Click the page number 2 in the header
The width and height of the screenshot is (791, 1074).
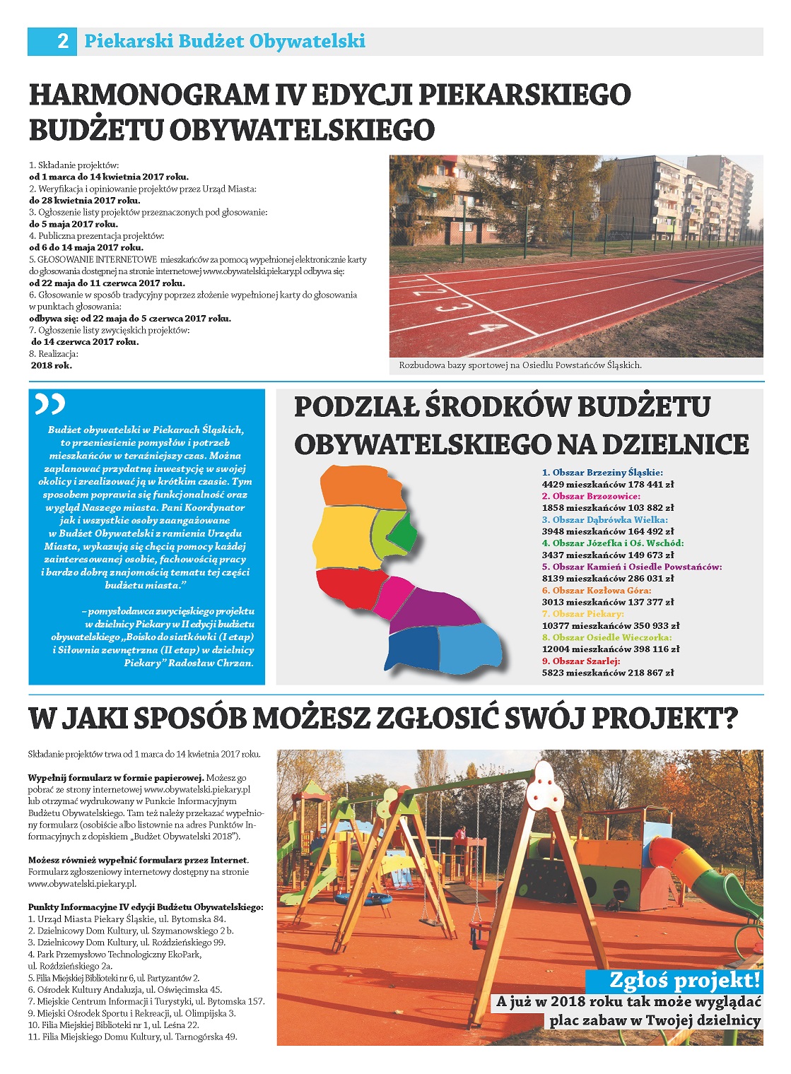point(62,41)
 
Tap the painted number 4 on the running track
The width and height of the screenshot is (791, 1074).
point(488,329)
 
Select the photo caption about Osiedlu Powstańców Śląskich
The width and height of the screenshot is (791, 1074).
point(520,365)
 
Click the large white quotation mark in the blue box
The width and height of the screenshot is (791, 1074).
point(50,403)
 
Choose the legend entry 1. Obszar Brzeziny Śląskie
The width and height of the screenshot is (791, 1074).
point(602,473)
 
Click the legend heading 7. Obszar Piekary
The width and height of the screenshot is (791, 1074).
point(582,614)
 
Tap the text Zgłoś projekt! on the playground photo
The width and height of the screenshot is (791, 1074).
point(684,980)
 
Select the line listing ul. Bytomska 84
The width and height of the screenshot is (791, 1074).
point(127,919)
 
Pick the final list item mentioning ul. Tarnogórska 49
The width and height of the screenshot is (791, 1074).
point(132,1037)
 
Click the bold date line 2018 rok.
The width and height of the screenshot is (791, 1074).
point(51,365)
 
